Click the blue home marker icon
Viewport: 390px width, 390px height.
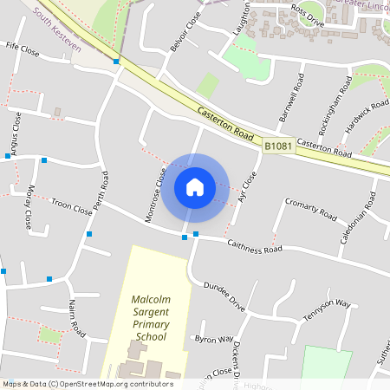pos(195,187)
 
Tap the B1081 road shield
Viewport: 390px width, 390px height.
pos(278,147)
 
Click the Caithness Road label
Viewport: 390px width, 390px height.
pos(255,248)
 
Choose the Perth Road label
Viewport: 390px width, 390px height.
pos(103,194)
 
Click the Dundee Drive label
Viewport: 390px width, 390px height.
pos(224,296)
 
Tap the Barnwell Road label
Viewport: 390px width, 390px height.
pos(289,97)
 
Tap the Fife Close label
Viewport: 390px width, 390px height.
pos(23,49)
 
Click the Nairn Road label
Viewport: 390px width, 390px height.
pos(75,318)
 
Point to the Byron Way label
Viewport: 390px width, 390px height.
pos(214,339)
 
